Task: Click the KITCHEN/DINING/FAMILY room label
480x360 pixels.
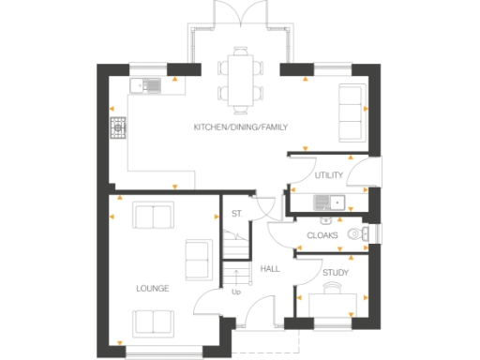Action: [x=240, y=126]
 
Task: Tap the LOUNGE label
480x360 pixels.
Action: [x=152, y=289]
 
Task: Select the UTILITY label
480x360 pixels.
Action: [x=329, y=174]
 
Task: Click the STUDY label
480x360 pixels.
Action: [x=335, y=273]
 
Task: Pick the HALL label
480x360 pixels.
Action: [x=271, y=269]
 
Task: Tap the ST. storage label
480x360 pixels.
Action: [x=237, y=214]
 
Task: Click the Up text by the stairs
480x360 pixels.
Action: [x=235, y=292]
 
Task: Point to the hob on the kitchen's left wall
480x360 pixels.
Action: [x=119, y=127]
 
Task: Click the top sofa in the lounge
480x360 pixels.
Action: [x=154, y=216]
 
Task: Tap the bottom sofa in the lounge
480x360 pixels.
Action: [x=153, y=322]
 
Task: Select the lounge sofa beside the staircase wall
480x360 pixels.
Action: [x=198, y=259]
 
